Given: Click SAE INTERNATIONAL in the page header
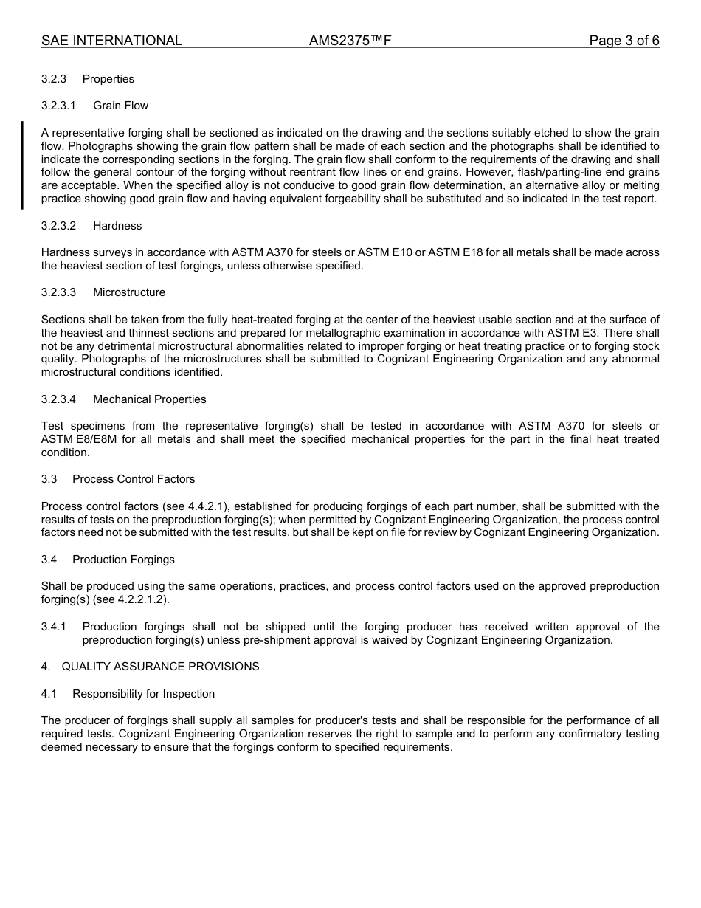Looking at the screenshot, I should click(x=111, y=41).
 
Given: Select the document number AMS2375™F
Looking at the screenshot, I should click(x=350, y=41).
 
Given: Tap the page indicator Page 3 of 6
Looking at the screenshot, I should click(x=624, y=41).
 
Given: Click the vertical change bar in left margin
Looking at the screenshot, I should click(x=22, y=165).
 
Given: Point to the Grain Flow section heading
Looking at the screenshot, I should click(x=120, y=106).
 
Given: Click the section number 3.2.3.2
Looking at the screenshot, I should click(x=58, y=226).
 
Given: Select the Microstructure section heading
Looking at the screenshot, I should click(x=129, y=292).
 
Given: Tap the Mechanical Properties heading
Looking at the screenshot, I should click(x=149, y=399).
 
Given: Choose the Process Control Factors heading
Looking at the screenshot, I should click(x=134, y=479).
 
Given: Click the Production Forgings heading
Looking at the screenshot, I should click(x=123, y=560).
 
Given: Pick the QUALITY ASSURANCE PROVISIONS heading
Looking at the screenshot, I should click(x=160, y=667).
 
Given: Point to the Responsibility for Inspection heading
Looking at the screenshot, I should click(x=143, y=694).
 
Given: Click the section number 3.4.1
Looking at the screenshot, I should click(x=53, y=627).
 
